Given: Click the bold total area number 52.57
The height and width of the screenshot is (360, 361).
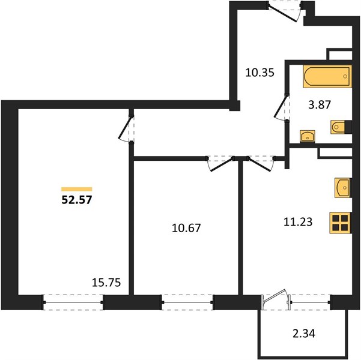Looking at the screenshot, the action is (77, 200).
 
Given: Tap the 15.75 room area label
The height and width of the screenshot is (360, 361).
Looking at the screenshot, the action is (106, 282).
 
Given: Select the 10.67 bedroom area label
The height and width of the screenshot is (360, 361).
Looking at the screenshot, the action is (186, 228).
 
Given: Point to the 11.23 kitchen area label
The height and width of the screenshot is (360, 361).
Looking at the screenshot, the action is (298, 222).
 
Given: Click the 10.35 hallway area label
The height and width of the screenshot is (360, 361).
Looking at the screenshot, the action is (259, 73).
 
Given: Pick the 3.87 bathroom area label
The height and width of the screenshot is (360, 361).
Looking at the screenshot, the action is (320, 104).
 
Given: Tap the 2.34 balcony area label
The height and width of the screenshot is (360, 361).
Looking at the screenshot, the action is (304, 334).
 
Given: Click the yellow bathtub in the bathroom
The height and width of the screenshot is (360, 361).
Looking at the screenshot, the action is (327, 76).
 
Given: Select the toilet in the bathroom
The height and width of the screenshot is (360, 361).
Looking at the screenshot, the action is (338, 127).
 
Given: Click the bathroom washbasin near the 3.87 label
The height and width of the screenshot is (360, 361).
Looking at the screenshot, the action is (308, 136).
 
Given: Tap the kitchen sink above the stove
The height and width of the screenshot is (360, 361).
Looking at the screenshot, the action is (342, 188).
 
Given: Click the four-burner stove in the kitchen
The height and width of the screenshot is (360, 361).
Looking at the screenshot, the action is (340, 223).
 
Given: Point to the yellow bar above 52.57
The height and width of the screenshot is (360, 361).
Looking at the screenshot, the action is (77, 190).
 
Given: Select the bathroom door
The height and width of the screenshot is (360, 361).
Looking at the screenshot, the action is (282, 107).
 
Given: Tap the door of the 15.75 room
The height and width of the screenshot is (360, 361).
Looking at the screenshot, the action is (126, 128).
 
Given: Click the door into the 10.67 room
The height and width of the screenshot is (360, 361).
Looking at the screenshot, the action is (220, 163).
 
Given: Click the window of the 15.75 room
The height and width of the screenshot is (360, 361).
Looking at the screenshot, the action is (73, 302).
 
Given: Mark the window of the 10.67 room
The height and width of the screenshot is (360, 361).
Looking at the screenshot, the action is (187, 302).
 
